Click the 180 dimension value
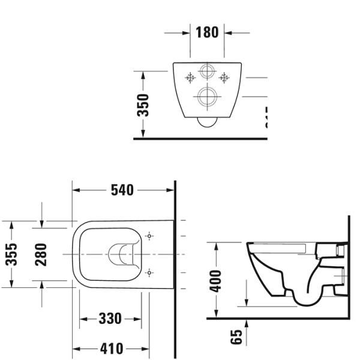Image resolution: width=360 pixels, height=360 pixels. pos(207,32)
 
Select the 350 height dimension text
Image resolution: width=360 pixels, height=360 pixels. pos(143,105)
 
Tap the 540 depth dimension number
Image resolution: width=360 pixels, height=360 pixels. pos(122,190)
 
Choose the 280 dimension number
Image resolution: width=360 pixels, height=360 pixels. pos(41,254)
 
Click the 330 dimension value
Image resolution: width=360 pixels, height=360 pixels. pos(110,318)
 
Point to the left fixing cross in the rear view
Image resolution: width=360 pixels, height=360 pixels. pos(190,77)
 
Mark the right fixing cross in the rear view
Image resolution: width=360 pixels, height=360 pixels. pos(224,77)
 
